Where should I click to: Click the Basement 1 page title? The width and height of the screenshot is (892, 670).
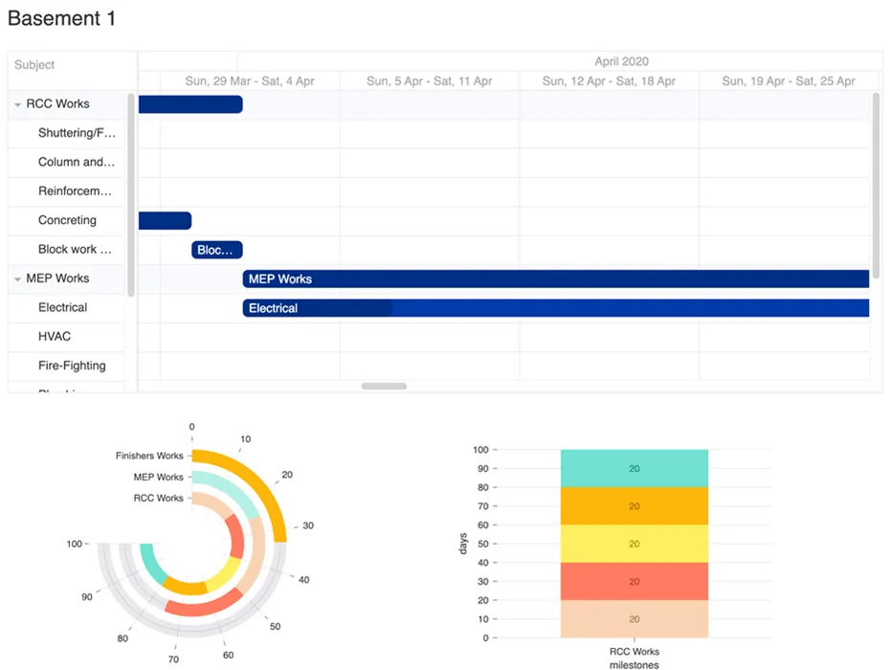click(x=62, y=18)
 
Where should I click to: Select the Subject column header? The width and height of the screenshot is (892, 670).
click(x=34, y=65)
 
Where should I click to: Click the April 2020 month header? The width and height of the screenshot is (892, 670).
click(x=620, y=61)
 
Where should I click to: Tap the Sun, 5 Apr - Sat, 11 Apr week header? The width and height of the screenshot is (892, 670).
click(x=429, y=81)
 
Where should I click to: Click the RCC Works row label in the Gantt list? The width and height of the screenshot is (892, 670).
click(x=57, y=103)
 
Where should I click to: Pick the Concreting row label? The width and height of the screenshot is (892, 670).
click(x=67, y=220)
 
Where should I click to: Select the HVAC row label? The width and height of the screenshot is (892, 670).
click(x=55, y=337)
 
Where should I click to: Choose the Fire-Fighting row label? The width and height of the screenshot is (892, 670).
click(x=72, y=366)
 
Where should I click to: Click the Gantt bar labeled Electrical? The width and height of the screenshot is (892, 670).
click(x=555, y=308)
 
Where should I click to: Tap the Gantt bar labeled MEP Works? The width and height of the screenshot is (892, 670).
click(x=555, y=279)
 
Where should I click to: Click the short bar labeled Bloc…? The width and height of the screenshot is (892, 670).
click(x=216, y=250)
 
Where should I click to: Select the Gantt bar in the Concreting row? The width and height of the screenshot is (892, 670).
click(x=165, y=221)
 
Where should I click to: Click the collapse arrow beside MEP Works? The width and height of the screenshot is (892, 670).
click(x=17, y=279)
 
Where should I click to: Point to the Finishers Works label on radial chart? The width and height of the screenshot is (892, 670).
click(x=148, y=456)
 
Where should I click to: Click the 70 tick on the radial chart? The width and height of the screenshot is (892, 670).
click(x=174, y=659)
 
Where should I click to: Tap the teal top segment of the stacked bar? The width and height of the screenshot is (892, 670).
click(x=634, y=468)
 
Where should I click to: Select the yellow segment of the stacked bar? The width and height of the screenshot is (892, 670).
click(x=634, y=544)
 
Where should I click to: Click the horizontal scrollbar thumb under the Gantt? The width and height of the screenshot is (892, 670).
click(x=384, y=386)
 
